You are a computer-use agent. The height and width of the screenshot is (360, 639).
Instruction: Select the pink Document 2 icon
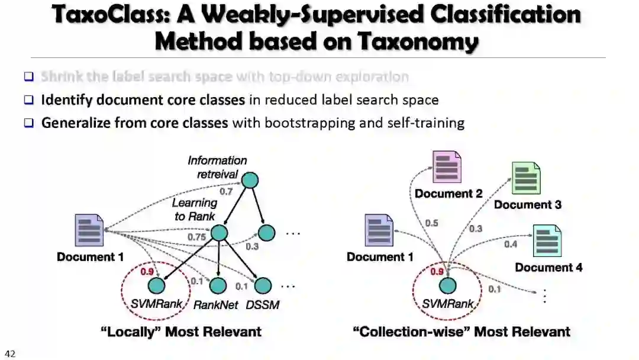click(446, 167)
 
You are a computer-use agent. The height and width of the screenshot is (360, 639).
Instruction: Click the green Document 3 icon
click(526, 178)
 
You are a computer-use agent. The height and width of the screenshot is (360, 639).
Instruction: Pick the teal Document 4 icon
click(547, 240)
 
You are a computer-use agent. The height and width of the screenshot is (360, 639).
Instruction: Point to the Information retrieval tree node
click(251, 180)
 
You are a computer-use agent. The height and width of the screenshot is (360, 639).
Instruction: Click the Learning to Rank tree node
click(220, 233)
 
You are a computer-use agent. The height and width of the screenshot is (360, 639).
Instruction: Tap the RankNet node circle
click(217, 286)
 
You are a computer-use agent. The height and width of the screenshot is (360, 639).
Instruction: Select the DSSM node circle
click(263, 286)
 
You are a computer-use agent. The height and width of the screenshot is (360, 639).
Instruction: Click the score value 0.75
click(197, 237)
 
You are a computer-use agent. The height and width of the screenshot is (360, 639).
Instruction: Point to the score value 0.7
click(226, 191)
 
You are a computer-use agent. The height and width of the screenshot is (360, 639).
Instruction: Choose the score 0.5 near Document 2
click(431, 223)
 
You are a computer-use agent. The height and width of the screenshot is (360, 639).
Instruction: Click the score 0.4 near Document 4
click(511, 243)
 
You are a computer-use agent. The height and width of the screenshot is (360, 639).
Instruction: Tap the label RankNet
click(215, 306)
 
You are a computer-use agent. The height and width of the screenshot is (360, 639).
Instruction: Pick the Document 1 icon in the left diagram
click(89, 232)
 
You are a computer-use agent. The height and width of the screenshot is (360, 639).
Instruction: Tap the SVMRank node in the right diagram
click(448, 286)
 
